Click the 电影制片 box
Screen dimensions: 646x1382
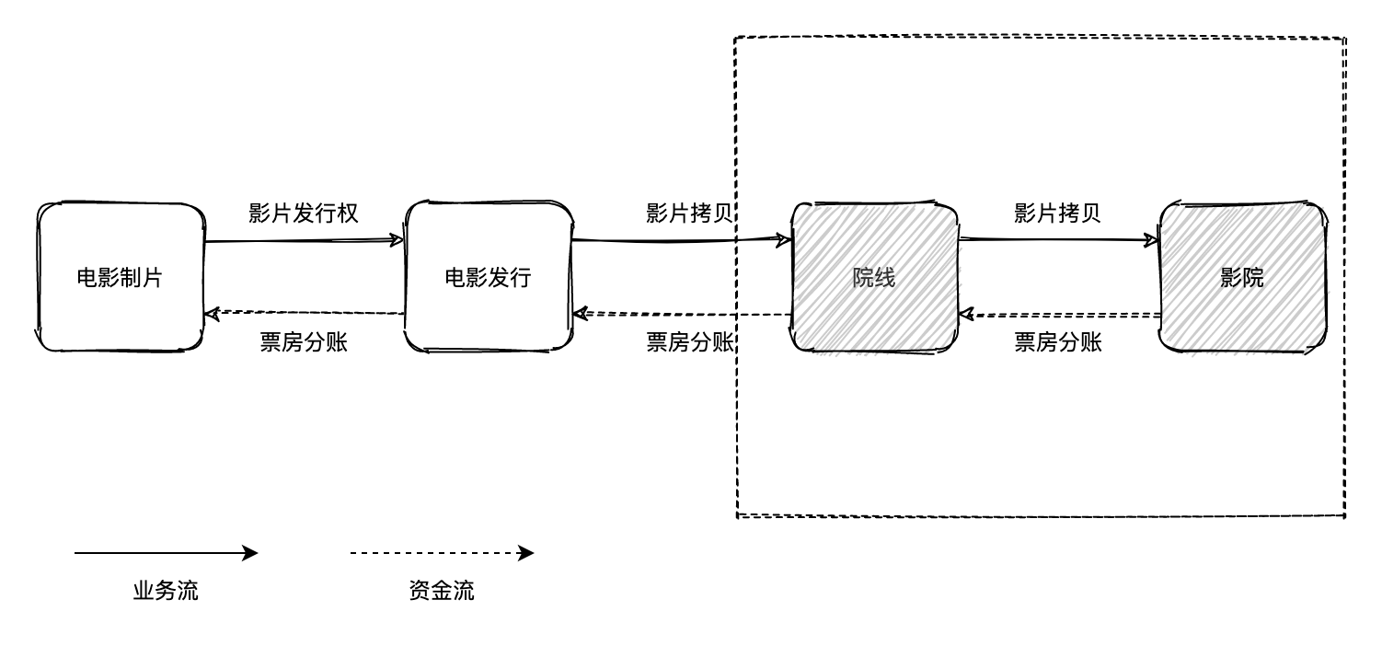(x=120, y=277)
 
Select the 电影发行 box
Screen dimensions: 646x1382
(x=489, y=277)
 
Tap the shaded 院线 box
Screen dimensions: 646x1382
(x=874, y=277)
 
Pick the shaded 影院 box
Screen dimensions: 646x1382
(x=1242, y=277)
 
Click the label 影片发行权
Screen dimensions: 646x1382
(x=304, y=213)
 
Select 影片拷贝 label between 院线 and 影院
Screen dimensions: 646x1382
(x=1058, y=213)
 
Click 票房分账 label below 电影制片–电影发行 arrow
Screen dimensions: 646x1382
(x=304, y=342)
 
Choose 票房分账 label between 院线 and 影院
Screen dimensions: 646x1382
(x=1058, y=342)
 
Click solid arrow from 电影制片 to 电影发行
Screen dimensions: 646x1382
(x=304, y=241)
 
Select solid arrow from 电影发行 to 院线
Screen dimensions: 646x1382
(x=681, y=241)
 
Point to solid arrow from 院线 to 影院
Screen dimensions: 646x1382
(x=1058, y=240)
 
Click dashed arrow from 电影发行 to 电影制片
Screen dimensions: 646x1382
(x=304, y=314)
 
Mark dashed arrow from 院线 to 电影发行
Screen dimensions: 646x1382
(x=681, y=314)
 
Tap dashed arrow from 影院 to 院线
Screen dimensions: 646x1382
(x=1058, y=315)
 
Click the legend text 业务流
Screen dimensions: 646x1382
(x=166, y=591)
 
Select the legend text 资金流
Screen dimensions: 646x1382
(x=442, y=591)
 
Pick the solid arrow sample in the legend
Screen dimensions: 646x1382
(x=166, y=553)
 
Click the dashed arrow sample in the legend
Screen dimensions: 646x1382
(x=442, y=553)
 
